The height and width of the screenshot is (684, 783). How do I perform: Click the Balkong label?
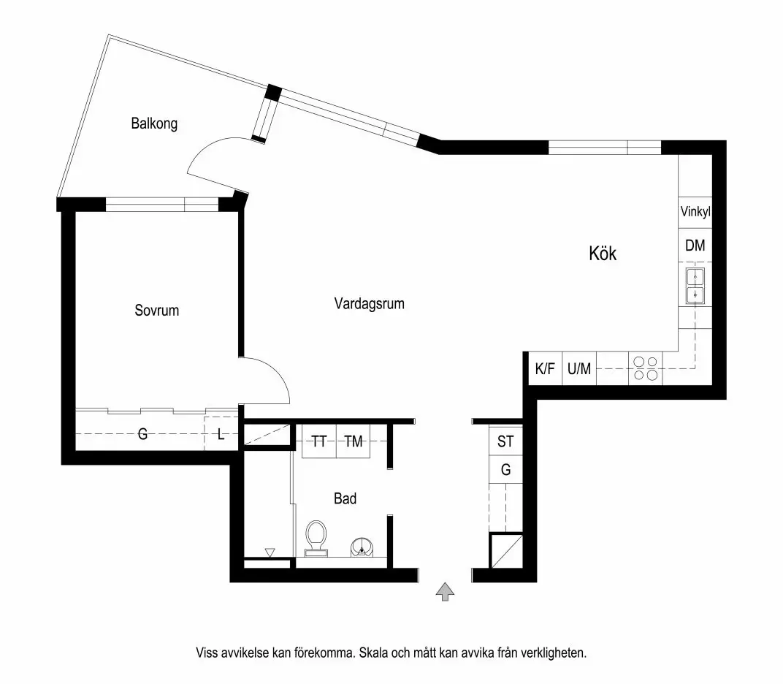[154, 123]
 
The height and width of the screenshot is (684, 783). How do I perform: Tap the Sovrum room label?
[156, 311]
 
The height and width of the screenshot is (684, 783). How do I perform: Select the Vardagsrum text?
[369, 303]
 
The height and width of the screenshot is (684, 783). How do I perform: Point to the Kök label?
[603, 254]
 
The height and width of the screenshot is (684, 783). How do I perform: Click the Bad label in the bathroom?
[345, 498]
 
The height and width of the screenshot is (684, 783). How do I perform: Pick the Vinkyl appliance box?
[695, 213]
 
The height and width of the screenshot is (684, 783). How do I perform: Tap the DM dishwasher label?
[695, 246]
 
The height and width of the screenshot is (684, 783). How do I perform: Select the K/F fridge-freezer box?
[545, 369]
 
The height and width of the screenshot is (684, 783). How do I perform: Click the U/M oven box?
[578, 369]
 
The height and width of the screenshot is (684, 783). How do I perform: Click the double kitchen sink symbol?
[695, 286]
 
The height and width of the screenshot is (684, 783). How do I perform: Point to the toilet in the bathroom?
[316, 537]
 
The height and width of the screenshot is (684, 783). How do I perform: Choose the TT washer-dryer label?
[319, 441]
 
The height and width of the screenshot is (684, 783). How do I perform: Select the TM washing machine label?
[354, 441]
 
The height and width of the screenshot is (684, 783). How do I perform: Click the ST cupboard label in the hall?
[505, 441]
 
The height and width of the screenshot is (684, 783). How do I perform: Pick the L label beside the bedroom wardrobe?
[221, 435]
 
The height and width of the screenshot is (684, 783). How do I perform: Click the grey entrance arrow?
[444, 592]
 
